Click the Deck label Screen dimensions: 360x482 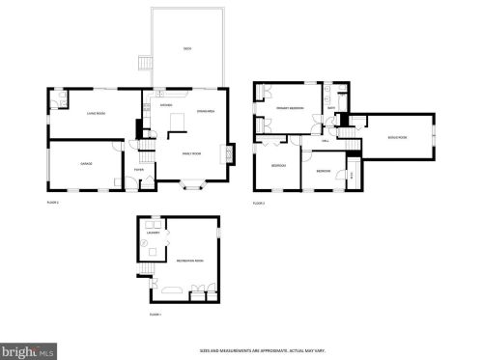[x=186, y=48]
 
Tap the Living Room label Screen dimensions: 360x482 [x=94, y=113]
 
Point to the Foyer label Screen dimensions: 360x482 [x=139, y=170]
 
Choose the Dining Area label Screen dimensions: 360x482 [x=205, y=111]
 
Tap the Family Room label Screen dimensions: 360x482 [x=191, y=152]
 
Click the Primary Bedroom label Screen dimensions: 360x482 [x=290, y=108]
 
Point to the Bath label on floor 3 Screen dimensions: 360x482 [x=330, y=108]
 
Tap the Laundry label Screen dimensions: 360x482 [x=153, y=233]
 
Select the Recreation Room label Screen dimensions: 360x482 [x=187, y=261]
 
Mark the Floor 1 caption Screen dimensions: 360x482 [x=155, y=315]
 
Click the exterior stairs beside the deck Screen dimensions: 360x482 [x=145, y=65]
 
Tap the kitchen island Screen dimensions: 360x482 [x=175, y=122]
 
